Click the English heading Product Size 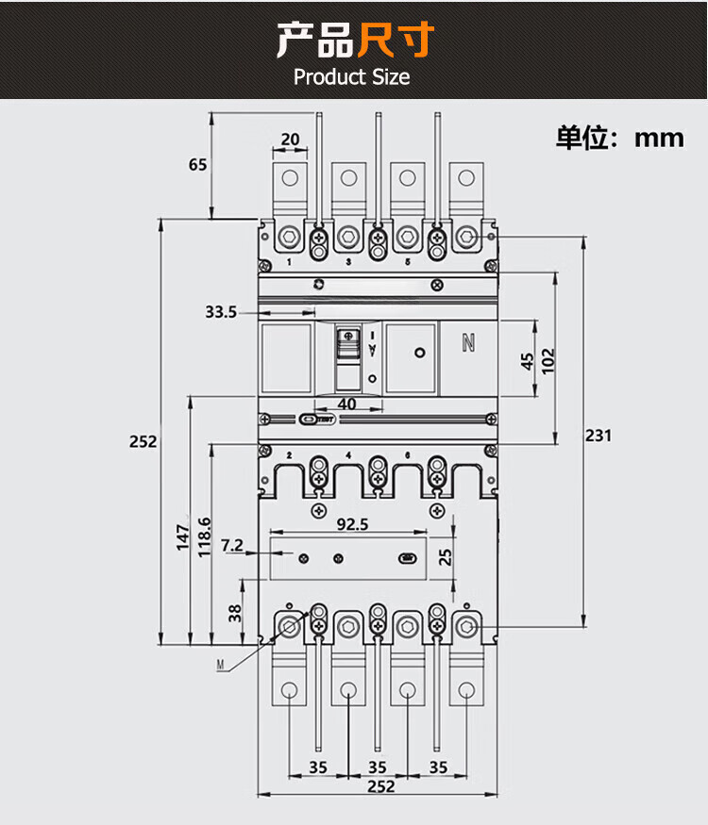click(352, 76)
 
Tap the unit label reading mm click(659, 138)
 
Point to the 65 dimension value click(197, 164)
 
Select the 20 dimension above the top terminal click(290, 140)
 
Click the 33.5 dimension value click(220, 311)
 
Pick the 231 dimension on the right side click(598, 435)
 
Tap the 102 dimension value click(548, 360)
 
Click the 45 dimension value click(527, 360)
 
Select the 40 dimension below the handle click(347, 404)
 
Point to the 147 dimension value click(183, 537)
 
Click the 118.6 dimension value click(205, 537)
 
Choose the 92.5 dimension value click(351, 524)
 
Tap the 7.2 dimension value click(232, 545)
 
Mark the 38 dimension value click(234, 614)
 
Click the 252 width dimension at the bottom click(380, 786)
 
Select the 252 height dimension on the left click(143, 441)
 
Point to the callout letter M click(220, 666)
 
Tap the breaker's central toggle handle click(347, 357)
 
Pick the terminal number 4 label click(348, 456)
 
